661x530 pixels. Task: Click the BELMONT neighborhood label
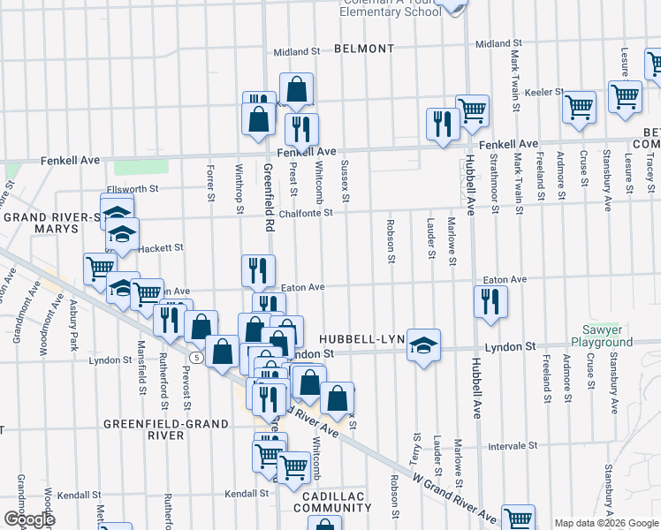pos(364,49)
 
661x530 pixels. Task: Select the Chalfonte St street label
pos(305,212)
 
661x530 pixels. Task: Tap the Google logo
pos(28,519)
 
